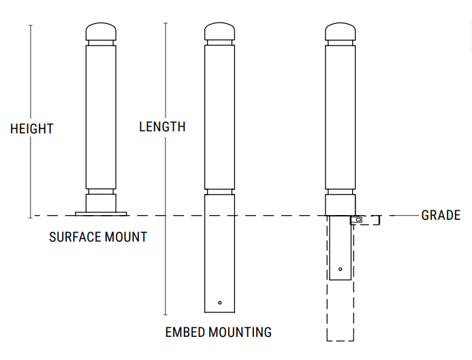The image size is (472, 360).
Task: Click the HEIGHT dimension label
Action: tap(31, 129)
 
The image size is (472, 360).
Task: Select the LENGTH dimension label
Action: tap(162, 127)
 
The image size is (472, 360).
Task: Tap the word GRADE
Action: tap(441, 216)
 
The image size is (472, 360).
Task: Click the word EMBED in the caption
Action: tap(183, 332)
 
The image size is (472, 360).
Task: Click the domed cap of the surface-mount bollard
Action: tap(101, 32)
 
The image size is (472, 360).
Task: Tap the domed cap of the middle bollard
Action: tap(219, 32)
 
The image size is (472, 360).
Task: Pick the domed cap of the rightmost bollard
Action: tap(340, 32)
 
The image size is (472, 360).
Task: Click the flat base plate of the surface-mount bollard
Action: tap(101, 214)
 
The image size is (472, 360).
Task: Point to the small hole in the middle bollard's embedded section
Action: tap(219, 302)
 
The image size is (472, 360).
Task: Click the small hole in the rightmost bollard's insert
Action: tap(340, 269)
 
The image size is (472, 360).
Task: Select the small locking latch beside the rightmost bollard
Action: tap(358, 220)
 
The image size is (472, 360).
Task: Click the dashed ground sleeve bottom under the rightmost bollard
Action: tap(341, 339)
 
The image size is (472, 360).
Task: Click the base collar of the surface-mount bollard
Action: tap(101, 203)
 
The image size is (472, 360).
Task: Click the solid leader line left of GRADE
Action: tap(402, 216)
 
